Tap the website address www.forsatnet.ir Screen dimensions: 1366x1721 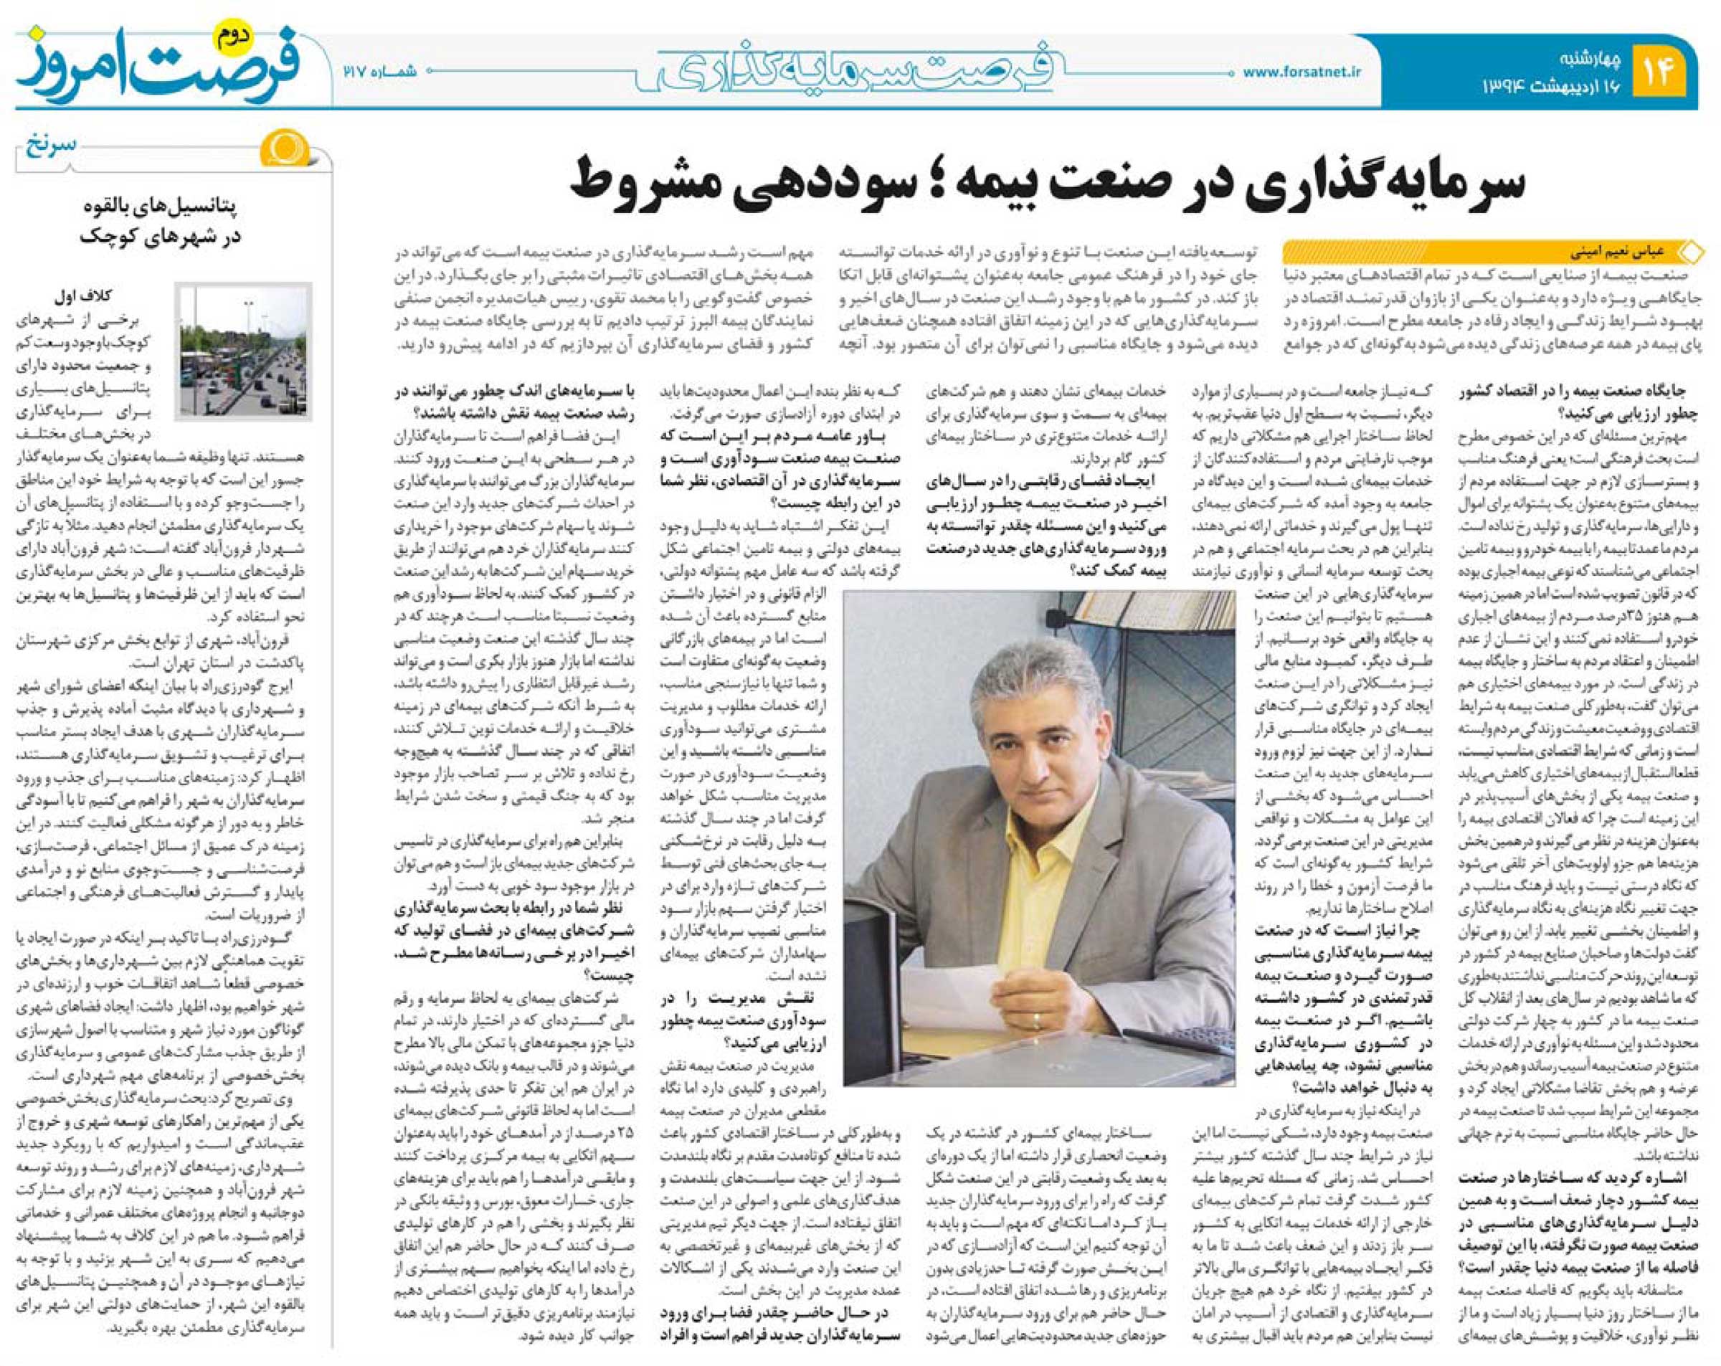point(1301,72)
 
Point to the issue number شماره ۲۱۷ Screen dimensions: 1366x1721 point(380,71)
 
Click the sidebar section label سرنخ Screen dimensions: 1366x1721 point(54,145)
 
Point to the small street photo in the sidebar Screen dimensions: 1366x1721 point(245,351)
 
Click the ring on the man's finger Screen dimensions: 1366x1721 point(1037,1020)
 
